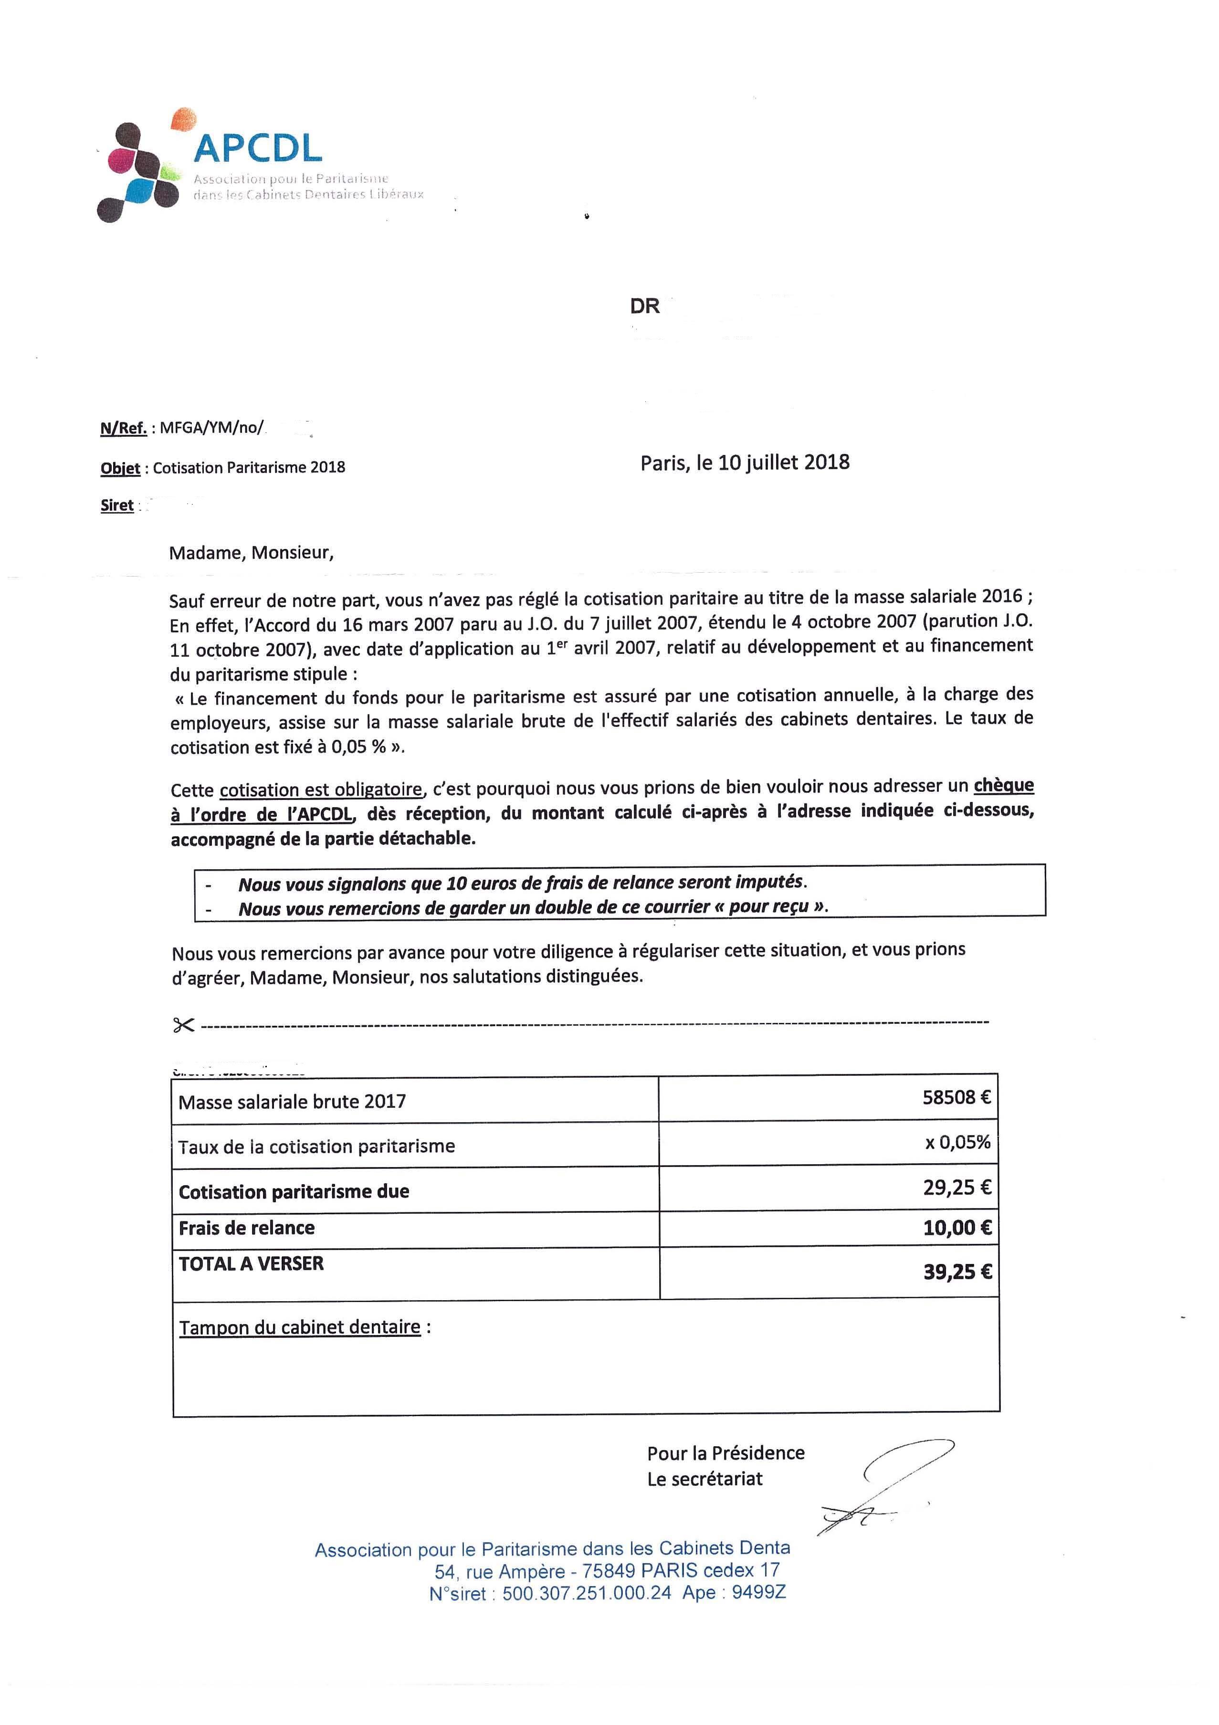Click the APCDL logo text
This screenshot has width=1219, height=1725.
point(258,148)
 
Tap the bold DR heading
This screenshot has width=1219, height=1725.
point(644,306)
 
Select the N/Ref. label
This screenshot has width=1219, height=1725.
point(123,428)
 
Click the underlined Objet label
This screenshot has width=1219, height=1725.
point(120,468)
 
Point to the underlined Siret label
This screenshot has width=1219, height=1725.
point(117,505)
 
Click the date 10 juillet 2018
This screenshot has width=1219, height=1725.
point(783,462)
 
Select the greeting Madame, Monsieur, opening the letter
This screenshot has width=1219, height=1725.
point(251,553)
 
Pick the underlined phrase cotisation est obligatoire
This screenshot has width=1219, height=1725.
point(321,789)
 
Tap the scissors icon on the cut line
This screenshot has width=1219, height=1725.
point(183,1025)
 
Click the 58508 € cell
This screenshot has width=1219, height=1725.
point(956,1098)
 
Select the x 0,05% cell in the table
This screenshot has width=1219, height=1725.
point(957,1143)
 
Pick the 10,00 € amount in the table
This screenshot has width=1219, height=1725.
point(957,1228)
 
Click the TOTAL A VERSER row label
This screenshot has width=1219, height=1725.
point(251,1264)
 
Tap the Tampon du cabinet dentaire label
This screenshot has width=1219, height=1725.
point(300,1327)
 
